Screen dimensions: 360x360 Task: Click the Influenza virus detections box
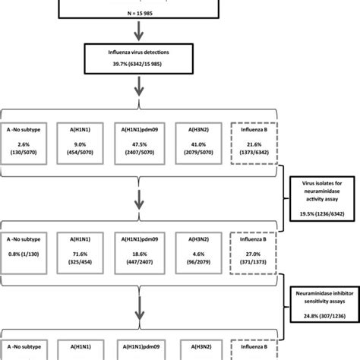(140, 62)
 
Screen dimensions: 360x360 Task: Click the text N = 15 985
(140, 13)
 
